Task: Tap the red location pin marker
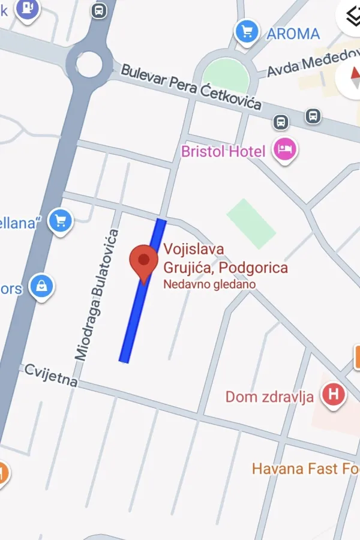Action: click(x=144, y=262)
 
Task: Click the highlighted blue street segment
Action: click(x=143, y=291)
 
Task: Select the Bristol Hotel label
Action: click(x=223, y=151)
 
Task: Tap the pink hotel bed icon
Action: click(x=285, y=149)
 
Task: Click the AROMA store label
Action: click(x=293, y=34)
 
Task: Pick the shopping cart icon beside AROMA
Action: click(x=247, y=31)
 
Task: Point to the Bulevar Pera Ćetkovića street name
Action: click(x=191, y=87)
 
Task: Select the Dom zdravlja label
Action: click(x=269, y=397)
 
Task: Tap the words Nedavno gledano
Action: click(x=210, y=284)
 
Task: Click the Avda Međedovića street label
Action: click(x=312, y=65)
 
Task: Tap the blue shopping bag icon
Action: click(x=41, y=287)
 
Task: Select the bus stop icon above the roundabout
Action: click(x=98, y=10)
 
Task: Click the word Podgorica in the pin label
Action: click(x=254, y=268)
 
